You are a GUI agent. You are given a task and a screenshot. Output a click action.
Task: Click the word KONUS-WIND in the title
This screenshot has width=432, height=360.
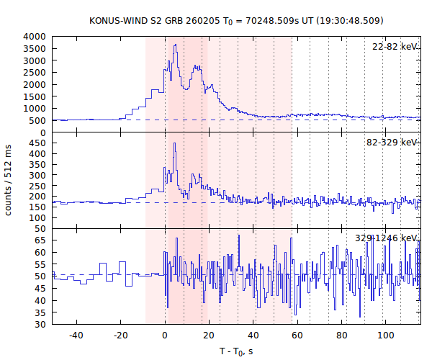point(115,20)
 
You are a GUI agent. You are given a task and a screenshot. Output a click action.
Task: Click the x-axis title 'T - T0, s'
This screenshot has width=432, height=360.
point(235,351)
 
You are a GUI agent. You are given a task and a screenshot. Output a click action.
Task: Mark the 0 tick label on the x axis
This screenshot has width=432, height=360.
point(165,335)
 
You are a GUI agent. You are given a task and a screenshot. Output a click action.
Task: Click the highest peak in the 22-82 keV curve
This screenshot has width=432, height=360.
point(175,45)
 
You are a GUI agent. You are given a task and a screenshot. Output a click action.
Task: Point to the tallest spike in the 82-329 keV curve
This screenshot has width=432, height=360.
point(174,143)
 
